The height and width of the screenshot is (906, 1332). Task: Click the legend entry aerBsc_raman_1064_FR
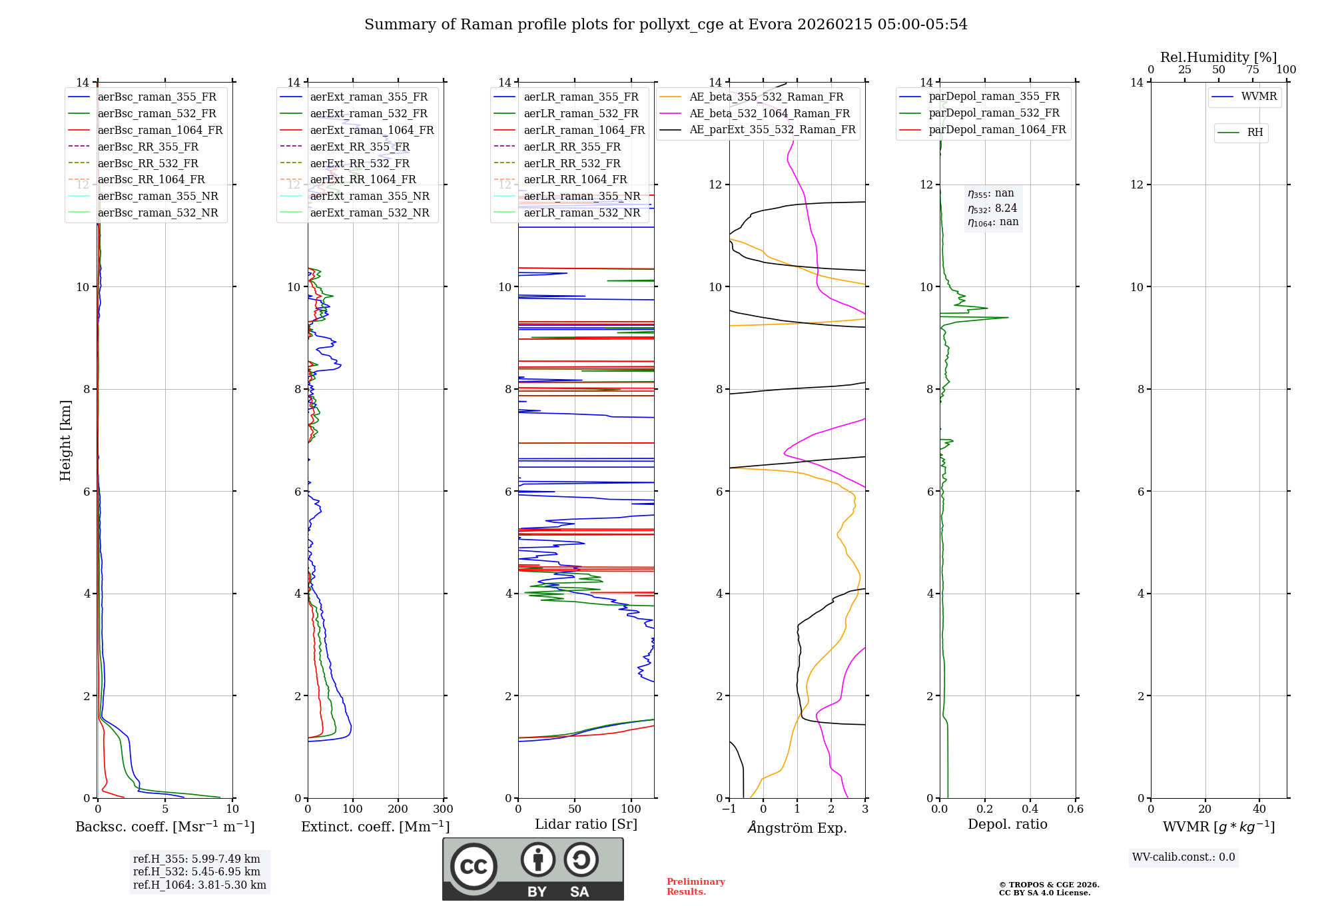160,130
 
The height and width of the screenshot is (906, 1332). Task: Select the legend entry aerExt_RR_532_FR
360,163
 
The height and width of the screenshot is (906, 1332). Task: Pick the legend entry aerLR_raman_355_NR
581,196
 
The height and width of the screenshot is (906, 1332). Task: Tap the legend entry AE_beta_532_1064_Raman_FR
769,113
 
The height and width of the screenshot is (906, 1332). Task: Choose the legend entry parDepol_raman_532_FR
994,113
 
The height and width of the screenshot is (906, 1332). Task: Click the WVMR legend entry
1259,97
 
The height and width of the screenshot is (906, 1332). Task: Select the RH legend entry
1255,133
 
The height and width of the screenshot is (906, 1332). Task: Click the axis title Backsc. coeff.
165,827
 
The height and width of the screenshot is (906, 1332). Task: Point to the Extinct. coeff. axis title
375,827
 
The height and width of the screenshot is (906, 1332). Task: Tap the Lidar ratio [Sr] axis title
586,824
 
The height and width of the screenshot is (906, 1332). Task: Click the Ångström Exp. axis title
797,828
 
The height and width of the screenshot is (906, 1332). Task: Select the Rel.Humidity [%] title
1218,57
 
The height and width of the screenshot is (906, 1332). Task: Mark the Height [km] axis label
65,440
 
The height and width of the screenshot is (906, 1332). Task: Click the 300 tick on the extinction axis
443,809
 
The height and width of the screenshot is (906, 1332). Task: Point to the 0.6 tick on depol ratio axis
1075,809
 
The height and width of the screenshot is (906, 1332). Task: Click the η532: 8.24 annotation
992,209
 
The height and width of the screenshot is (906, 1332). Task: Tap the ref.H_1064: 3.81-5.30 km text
199,885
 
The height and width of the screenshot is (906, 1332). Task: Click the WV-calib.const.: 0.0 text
1183,857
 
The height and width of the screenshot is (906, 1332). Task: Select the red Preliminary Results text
695,887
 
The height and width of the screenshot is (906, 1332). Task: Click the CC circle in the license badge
474,867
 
